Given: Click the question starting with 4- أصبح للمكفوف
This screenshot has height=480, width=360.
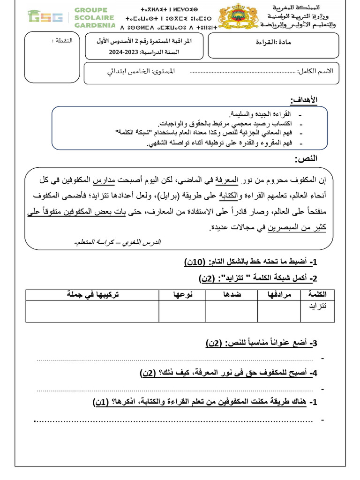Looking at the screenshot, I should (229, 373).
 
